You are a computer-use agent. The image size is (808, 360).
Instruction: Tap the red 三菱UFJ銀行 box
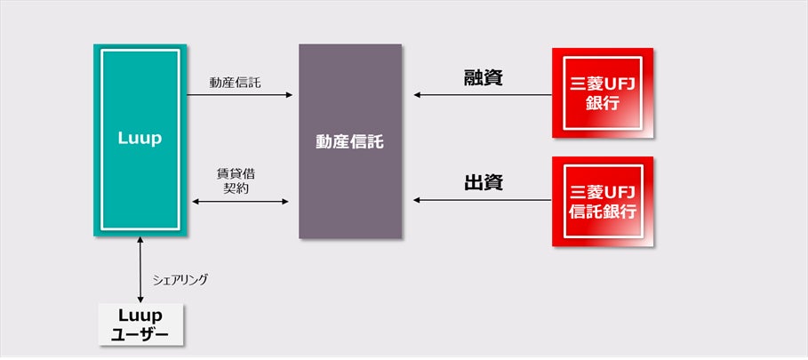click(x=603, y=93)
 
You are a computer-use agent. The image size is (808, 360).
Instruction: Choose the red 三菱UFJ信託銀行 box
click(x=603, y=202)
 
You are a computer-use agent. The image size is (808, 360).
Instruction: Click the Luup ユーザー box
click(x=140, y=324)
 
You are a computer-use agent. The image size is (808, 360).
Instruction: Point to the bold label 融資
click(x=484, y=78)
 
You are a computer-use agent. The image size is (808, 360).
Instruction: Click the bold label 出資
click(x=484, y=184)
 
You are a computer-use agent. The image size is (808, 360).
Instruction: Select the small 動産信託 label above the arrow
click(x=236, y=83)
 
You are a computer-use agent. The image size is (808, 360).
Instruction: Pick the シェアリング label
click(x=180, y=279)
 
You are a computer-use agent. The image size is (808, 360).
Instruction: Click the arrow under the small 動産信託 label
click(x=240, y=94)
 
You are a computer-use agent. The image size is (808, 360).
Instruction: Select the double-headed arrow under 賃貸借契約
click(x=240, y=203)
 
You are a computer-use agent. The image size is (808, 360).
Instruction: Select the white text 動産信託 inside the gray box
click(x=349, y=141)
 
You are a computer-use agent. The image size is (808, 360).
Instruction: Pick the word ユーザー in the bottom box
click(x=140, y=333)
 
